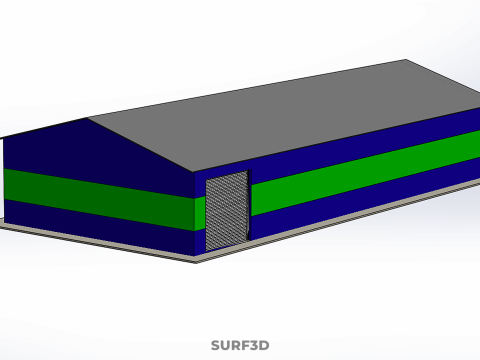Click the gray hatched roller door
point(227,210)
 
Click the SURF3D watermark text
point(240,345)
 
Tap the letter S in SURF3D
point(216,345)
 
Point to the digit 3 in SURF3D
point(253,345)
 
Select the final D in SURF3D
point(264,345)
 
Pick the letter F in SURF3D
point(244,345)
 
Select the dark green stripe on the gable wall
point(99,199)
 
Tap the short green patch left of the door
point(200,213)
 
